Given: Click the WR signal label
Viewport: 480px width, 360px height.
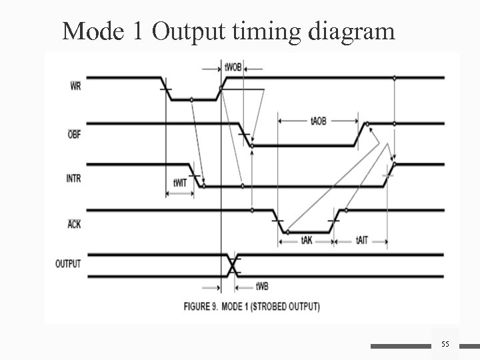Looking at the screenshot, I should point(75,86).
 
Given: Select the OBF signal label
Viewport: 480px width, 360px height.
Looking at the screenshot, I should point(75,133).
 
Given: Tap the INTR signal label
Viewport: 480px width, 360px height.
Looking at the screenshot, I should point(74,178).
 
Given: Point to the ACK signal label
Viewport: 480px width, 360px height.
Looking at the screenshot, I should point(74,224).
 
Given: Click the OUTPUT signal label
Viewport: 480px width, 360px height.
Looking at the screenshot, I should point(68,263).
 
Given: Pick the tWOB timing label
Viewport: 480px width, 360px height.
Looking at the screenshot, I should point(233,67).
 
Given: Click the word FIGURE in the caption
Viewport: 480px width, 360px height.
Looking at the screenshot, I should point(201,307).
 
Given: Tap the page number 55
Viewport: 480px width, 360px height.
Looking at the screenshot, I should point(445,343).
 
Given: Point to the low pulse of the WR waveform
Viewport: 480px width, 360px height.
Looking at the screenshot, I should point(193,100).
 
